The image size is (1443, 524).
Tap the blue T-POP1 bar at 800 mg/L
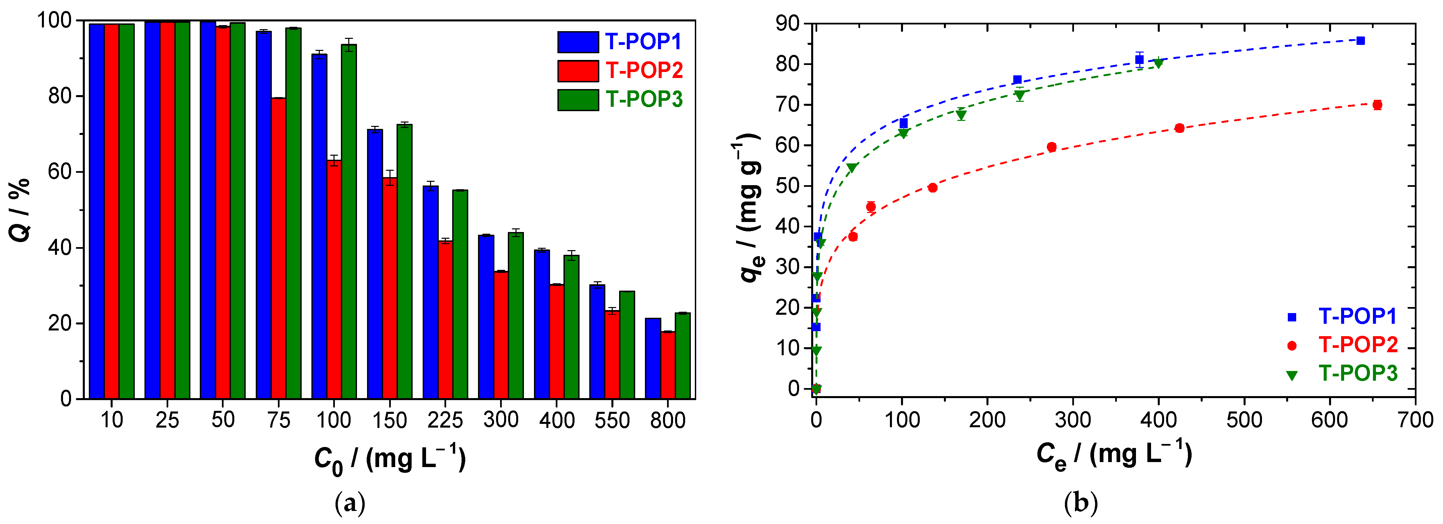[653, 358]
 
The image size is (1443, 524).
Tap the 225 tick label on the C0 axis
[445, 420]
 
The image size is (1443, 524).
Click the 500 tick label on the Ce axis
[1244, 420]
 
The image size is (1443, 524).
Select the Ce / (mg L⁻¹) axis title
[1114, 455]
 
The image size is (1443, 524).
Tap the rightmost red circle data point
[1377, 105]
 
